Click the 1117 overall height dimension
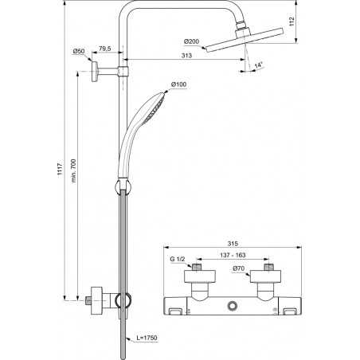(x=61, y=169)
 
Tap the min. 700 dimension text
(x=73, y=170)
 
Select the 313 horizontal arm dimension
(x=186, y=56)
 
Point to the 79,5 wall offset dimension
(x=105, y=49)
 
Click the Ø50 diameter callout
(x=79, y=51)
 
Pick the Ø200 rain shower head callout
(x=191, y=41)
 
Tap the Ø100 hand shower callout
(x=178, y=84)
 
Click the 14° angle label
(x=258, y=65)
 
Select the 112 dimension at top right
(x=292, y=22)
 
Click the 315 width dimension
(x=233, y=244)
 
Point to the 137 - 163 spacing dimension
(x=233, y=255)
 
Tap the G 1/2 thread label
(x=178, y=259)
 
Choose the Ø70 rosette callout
(x=238, y=268)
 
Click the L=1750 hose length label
(x=147, y=338)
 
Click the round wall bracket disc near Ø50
(x=95, y=72)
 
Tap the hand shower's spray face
(x=155, y=108)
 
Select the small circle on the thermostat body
(x=233, y=306)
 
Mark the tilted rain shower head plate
(x=245, y=40)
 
